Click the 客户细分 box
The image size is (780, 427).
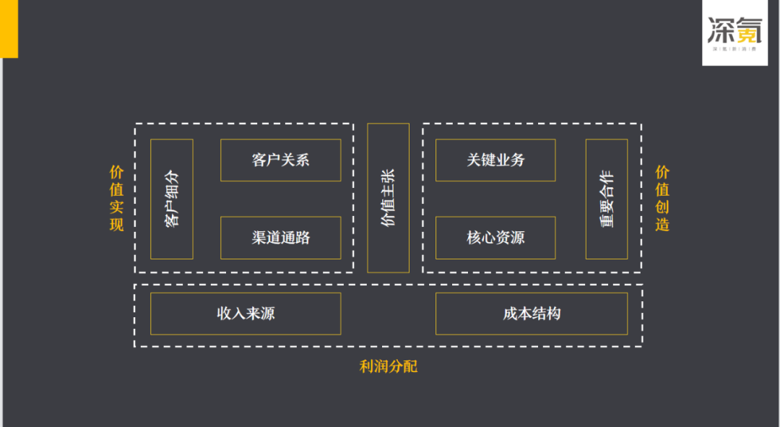tap(172, 199)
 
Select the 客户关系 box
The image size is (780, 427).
tap(280, 160)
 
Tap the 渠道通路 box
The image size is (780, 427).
tap(280, 238)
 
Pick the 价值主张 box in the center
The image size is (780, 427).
tap(388, 198)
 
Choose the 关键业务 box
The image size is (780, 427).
tap(495, 160)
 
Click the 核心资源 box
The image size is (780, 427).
tap(495, 238)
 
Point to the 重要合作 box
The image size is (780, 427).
tap(607, 199)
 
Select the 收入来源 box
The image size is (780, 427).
tap(246, 314)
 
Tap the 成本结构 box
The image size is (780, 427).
tap(532, 314)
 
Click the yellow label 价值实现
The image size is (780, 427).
tap(116, 198)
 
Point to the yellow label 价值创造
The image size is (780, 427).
tap(662, 198)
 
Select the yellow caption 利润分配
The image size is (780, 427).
tap(389, 366)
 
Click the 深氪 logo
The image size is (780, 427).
tap(734, 33)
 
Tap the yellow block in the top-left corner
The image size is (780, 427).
tap(9, 28)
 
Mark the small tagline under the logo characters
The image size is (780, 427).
tap(734, 50)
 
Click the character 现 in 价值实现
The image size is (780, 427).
tap(116, 224)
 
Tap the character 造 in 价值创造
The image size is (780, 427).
tap(662, 224)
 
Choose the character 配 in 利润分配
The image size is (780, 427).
tap(410, 366)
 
